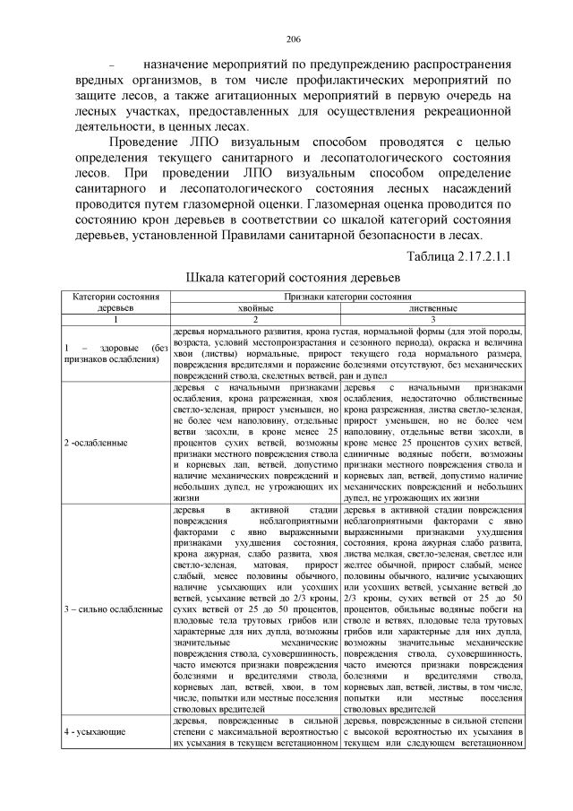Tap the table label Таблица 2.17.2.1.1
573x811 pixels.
coord(458,257)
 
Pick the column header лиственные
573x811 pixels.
coord(432,307)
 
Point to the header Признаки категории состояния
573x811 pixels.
coord(344,296)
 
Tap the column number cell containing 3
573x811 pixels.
coord(432,319)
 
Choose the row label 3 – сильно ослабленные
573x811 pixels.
coord(112,609)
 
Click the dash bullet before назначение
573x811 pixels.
coord(113,66)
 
